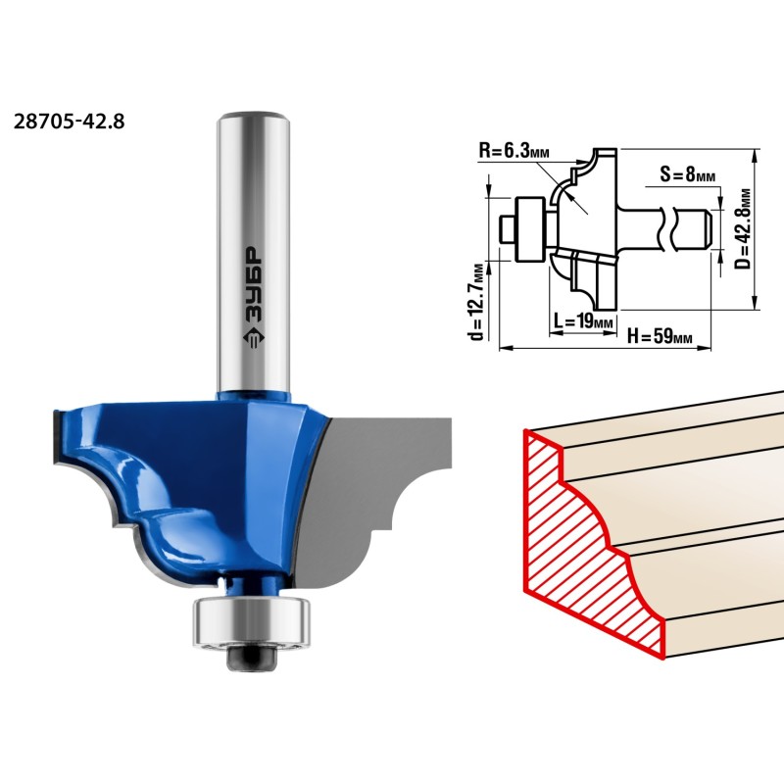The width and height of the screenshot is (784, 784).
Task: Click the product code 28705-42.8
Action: point(69,122)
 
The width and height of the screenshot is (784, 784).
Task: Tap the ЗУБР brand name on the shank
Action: point(254,284)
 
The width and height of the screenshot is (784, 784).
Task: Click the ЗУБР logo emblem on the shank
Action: point(254,338)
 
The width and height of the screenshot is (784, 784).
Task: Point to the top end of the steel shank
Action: point(254,115)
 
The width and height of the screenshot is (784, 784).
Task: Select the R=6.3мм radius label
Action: point(514,150)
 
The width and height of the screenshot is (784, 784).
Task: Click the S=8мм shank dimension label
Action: point(688,174)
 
